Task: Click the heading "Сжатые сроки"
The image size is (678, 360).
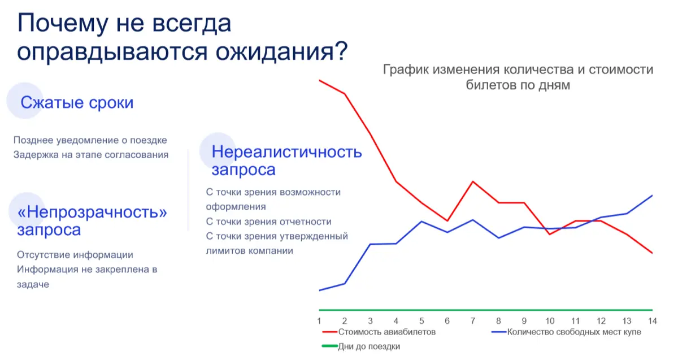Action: point(77,103)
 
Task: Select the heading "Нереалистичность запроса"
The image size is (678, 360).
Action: point(286,161)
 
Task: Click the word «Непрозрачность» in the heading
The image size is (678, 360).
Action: point(93,212)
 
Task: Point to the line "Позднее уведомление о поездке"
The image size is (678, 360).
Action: point(90,140)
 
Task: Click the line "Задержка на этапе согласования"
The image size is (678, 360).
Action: point(91,155)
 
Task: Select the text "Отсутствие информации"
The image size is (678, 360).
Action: point(75,255)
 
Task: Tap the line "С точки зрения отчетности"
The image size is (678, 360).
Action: point(268,222)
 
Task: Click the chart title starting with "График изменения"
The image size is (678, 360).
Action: point(518,77)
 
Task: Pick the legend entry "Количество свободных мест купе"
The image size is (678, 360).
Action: point(574,332)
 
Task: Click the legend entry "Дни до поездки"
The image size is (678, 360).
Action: point(368,346)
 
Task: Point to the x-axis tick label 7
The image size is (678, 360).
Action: point(473,320)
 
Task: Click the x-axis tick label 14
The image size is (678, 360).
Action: point(651,320)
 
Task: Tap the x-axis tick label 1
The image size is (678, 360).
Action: point(319,320)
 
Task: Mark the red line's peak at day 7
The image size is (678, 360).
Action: point(473,181)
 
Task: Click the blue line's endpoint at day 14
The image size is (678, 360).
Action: point(653,196)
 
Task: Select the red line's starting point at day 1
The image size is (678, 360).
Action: point(320,80)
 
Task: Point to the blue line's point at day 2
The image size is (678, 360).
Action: point(345,283)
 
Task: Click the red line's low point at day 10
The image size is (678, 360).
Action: point(550,234)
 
